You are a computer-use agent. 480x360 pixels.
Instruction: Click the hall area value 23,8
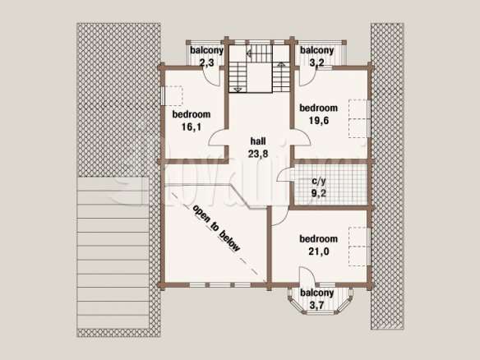(x=258, y=154)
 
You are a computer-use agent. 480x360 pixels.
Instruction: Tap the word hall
(x=258, y=141)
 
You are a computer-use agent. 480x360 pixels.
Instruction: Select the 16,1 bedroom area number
(x=192, y=127)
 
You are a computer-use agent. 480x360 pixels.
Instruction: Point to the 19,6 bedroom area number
(x=319, y=121)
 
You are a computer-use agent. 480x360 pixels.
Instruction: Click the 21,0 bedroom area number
(x=319, y=252)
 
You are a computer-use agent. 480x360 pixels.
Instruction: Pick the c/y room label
(x=319, y=181)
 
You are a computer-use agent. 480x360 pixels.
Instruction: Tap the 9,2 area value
(x=319, y=193)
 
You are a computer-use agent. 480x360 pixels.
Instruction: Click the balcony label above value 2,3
(x=206, y=50)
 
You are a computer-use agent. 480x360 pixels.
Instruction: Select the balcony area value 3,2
(x=316, y=62)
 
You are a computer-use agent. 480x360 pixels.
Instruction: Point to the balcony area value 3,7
(x=316, y=305)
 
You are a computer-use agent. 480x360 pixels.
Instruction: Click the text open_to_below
(x=216, y=228)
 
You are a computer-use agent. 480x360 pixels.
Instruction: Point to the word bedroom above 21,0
(x=319, y=239)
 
